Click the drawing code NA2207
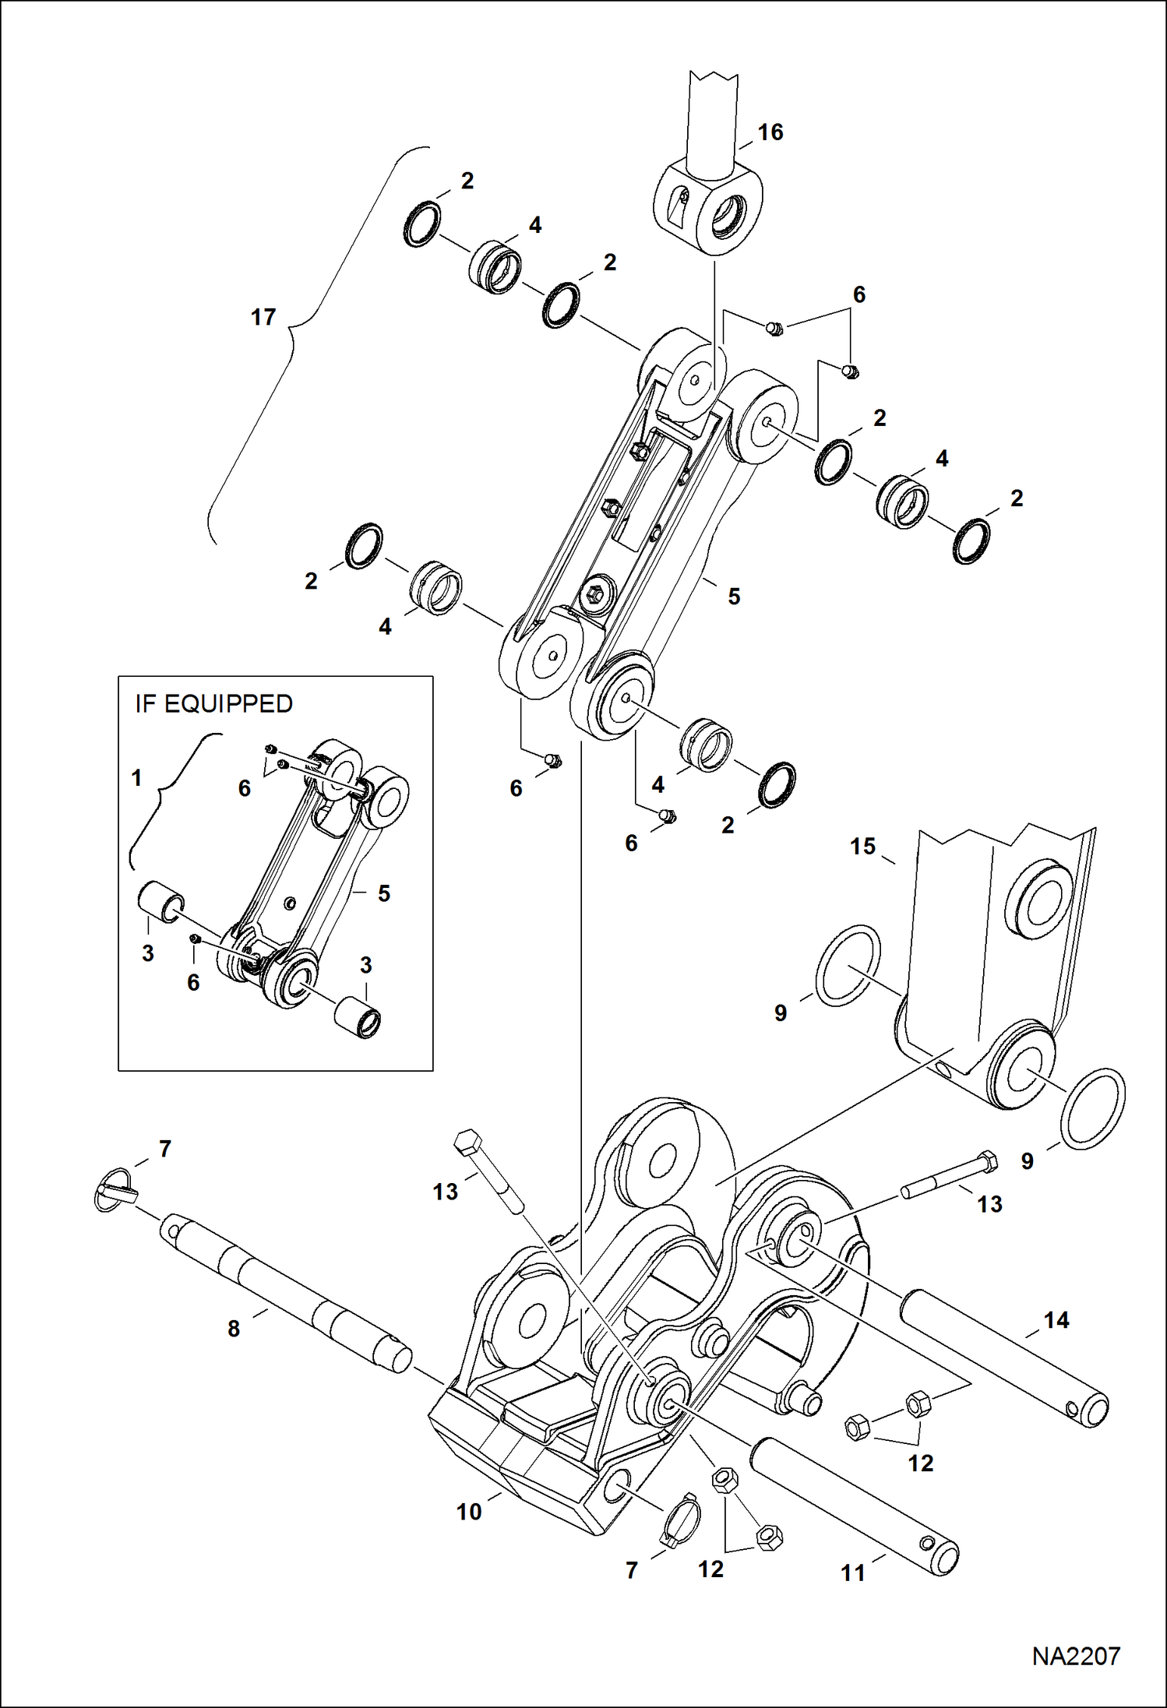(x=1076, y=1656)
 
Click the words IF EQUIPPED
(x=213, y=704)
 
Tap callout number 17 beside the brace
(x=263, y=317)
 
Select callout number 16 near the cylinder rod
(x=770, y=132)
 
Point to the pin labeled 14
(x=1005, y=1356)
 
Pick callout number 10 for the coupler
(x=469, y=1512)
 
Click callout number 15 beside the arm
(x=862, y=847)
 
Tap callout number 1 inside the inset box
(x=137, y=777)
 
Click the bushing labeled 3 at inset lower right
(x=358, y=1018)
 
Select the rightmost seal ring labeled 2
(x=971, y=541)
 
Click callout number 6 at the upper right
(x=859, y=294)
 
